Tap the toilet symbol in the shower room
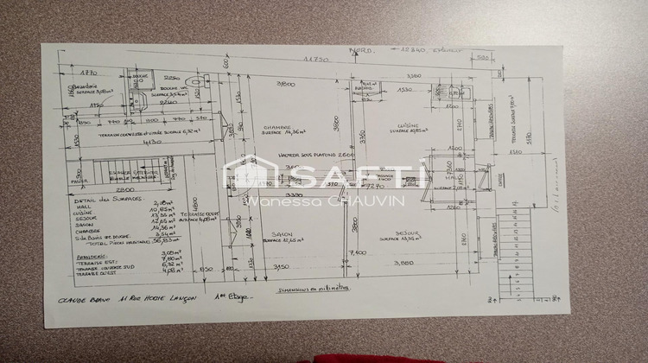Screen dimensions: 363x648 point(199,81)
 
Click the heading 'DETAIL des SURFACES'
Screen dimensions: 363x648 point(101,201)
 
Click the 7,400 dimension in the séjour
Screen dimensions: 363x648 point(357,252)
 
